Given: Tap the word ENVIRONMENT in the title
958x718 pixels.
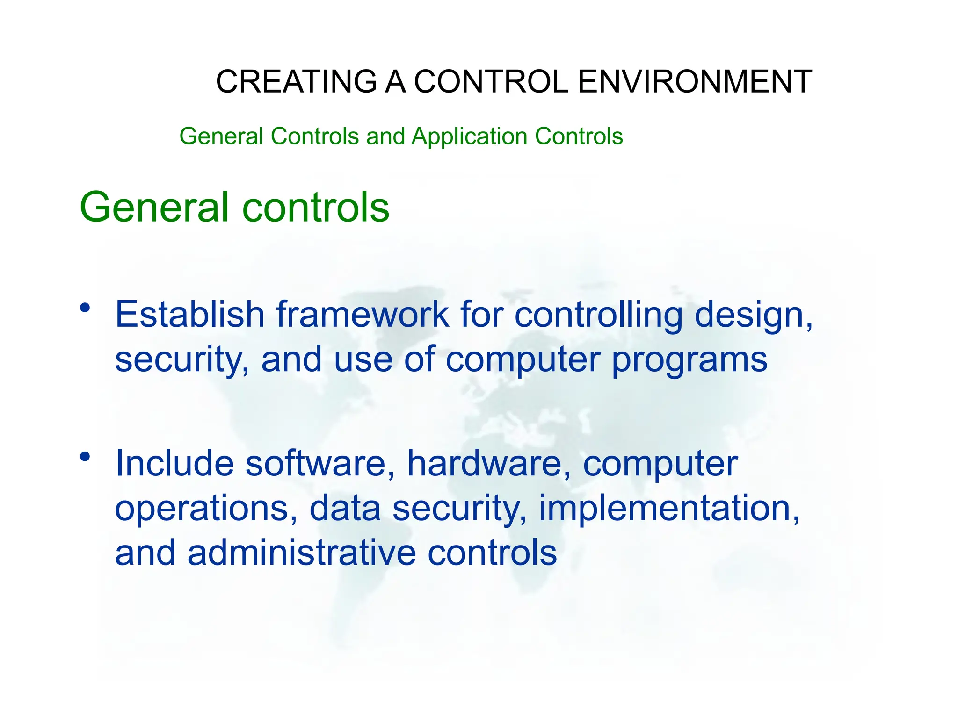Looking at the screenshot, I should click(695, 82).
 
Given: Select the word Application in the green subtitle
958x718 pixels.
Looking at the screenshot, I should click(469, 136).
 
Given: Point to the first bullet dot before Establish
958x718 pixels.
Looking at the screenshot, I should click(85, 308).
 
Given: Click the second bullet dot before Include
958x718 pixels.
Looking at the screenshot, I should click(85, 456).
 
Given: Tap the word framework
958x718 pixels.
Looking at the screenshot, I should click(363, 314).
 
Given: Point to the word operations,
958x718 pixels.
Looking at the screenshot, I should click(206, 509).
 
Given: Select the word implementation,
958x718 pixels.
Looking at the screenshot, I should click(669, 509).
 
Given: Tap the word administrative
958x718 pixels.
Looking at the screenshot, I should click(302, 553).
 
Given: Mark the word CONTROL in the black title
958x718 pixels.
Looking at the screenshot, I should click(491, 82).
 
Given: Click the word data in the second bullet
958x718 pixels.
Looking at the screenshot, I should click(345, 509).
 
